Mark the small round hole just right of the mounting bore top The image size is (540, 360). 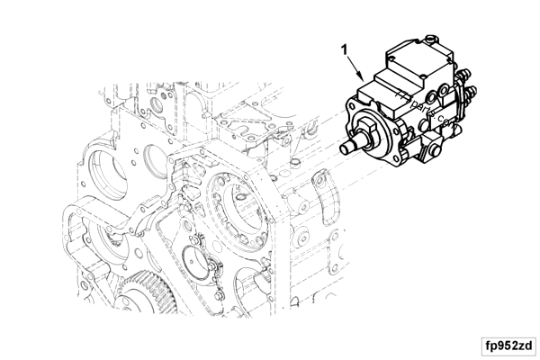294,164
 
